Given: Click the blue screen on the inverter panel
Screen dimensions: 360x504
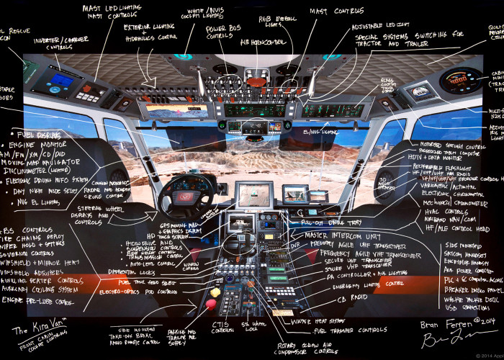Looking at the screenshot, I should (x=61, y=79).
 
